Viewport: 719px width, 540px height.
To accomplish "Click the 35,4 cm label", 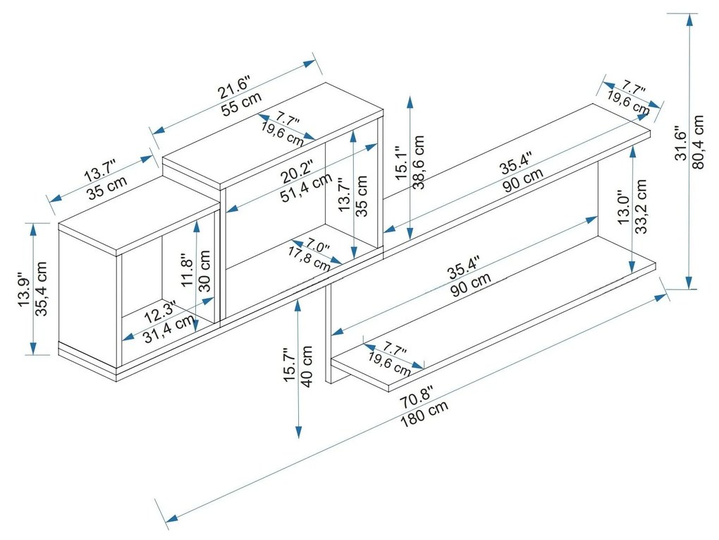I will click(41, 289).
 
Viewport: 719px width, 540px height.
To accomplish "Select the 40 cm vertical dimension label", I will click(307, 366).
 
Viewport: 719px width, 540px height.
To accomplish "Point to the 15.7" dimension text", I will click(288, 366).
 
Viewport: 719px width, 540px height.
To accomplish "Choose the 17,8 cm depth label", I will click(309, 258).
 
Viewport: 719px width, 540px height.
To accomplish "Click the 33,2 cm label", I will click(641, 206).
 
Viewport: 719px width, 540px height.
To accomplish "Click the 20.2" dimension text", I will click(295, 172).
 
